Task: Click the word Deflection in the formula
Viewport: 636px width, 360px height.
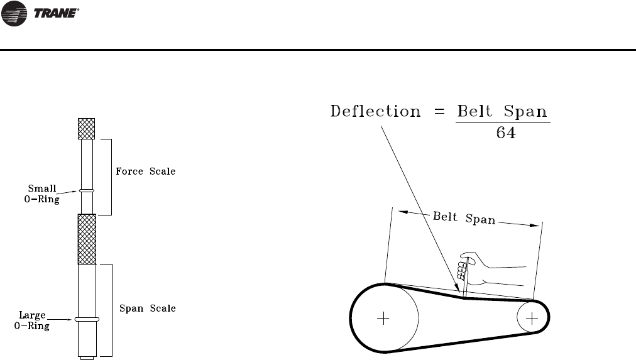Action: tap(375, 112)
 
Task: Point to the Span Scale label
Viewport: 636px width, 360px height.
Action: tap(148, 308)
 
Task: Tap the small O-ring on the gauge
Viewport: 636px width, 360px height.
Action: tap(86, 191)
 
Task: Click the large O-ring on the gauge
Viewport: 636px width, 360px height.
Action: tap(86, 319)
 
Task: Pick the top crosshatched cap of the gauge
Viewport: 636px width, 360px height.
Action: tap(86, 128)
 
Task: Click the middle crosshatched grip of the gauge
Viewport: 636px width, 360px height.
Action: tap(86, 239)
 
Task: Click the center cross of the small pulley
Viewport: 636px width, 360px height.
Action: tap(532, 319)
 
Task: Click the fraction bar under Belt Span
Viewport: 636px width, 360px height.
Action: tap(502, 123)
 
